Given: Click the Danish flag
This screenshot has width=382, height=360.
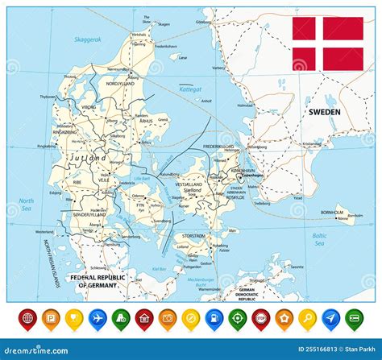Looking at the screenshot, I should [x=327, y=43].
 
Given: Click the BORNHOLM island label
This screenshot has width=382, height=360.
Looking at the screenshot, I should [x=332, y=212].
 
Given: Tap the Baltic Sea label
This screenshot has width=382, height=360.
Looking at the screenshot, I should [x=320, y=238].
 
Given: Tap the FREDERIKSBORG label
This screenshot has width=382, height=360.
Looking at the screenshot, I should [x=218, y=147].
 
